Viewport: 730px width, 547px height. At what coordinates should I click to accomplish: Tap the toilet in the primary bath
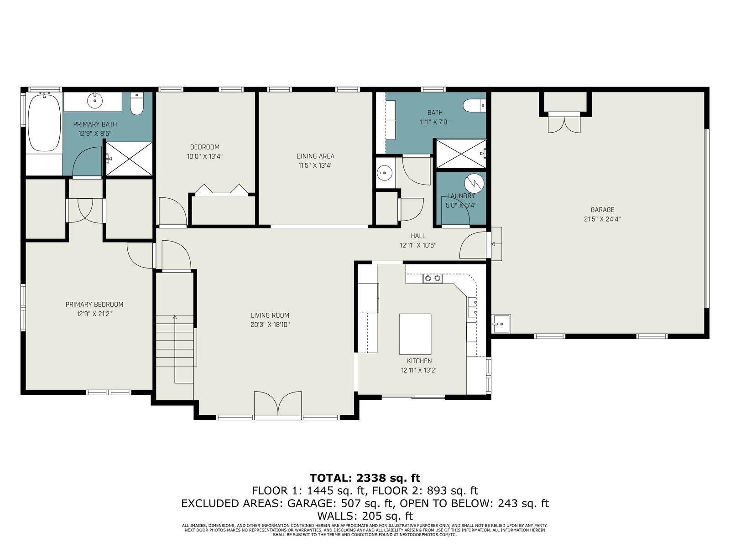(x=136, y=104)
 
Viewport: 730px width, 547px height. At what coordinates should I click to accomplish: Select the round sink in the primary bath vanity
(x=95, y=101)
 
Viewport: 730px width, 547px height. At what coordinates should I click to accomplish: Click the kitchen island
(x=415, y=334)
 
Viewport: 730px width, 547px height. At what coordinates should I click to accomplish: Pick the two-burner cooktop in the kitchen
(x=433, y=279)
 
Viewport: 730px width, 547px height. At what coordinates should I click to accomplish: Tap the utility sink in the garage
(x=501, y=324)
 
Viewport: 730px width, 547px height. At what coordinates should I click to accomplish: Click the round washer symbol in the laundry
(x=474, y=183)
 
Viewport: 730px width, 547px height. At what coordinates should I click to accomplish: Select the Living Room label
(x=270, y=315)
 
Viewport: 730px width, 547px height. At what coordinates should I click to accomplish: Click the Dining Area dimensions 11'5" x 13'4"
(x=315, y=165)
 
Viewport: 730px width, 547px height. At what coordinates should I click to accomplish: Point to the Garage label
(x=602, y=210)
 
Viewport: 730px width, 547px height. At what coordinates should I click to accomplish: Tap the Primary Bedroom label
(x=94, y=304)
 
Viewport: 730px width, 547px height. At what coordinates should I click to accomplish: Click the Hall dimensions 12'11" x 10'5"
(x=418, y=245)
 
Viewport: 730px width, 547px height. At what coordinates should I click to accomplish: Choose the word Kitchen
(x=419, y=361)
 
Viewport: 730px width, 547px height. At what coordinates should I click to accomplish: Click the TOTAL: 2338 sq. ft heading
(x=365, y=478)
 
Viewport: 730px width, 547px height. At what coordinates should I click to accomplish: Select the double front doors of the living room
(x=278, y=403)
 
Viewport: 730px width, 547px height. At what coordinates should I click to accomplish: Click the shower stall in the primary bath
(x=129, y=159)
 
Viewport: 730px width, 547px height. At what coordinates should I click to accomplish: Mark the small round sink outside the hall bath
(x=385, y=173)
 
